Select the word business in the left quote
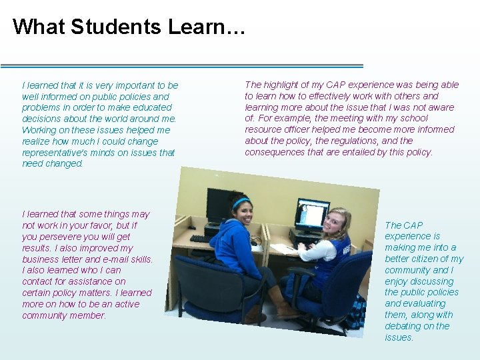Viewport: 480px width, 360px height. click(x=41, y=259)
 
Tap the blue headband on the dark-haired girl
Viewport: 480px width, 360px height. click(x=241, y=201)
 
